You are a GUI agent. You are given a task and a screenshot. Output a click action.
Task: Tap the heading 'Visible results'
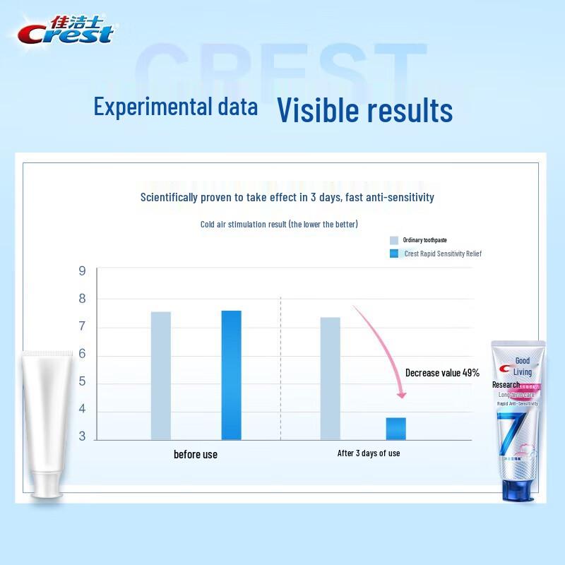click(x=364, y=110)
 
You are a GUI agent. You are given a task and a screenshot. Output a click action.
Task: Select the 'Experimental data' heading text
click(x=176, y=107)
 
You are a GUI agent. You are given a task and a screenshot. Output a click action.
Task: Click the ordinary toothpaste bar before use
click(x=160, y=375)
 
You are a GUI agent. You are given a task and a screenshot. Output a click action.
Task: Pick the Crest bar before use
click(x=231, y=374)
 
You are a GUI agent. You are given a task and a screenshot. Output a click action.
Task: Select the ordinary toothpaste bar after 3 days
click(x=330, y=378)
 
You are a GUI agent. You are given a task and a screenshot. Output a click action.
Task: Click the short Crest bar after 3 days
click(x=395, y=428)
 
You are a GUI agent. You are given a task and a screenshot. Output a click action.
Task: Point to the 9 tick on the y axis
click(x=82, y=271)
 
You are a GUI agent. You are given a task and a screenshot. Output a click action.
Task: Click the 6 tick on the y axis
click(x=82, y=354)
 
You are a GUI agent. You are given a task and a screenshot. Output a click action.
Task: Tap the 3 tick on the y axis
click(x=82, y=436)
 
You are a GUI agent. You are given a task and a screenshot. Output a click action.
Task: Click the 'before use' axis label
click(x=196, y=454)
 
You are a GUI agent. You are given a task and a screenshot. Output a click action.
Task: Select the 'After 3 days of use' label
click(x=369, y=453)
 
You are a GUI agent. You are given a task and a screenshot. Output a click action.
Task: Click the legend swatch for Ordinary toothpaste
click(x=394, y=240)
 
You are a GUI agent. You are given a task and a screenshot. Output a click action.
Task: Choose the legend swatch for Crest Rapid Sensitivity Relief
click(x=394, y=254)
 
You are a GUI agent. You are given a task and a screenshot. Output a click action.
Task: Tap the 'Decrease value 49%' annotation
click(x=442, y=372)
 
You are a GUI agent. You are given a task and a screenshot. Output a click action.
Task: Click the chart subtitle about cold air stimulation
click(x=279, y=225)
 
